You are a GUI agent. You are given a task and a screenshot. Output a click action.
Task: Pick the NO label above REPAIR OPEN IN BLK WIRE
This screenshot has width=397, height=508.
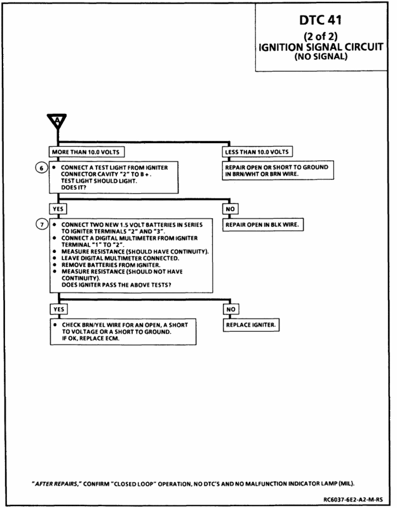[x=231, y=209]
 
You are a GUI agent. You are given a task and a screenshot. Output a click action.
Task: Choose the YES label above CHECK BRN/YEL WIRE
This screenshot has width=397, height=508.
[x=57, y=309]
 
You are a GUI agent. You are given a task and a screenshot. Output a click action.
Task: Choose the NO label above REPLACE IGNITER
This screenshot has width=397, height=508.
[x=231, y=309]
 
